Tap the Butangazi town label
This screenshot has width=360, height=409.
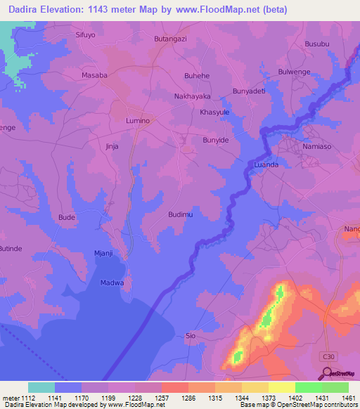coord(170,39)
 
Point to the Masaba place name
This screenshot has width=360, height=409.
coord(94,74)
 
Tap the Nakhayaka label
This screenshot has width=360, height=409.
coord(193,96)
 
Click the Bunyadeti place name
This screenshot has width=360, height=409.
coord(249,91)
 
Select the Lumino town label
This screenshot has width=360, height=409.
coord(138,121)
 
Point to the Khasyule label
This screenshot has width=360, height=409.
coord(214,112)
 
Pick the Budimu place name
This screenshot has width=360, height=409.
coord(181,214)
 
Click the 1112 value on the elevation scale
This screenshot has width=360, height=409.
coord(28,396)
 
